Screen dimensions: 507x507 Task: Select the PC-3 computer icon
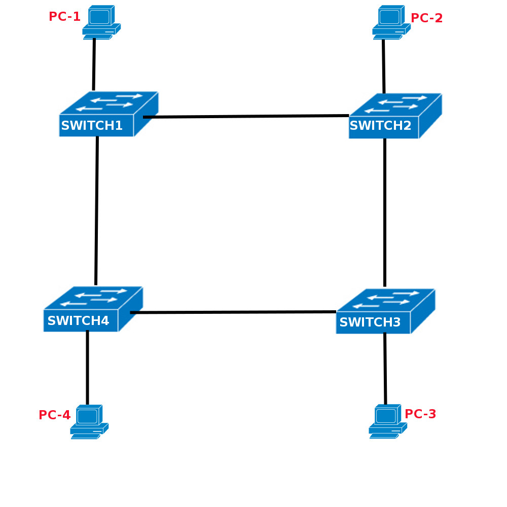[x=387, y=421]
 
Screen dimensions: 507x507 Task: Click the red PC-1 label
[x=64, y=17]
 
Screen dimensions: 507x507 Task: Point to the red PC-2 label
[x=426, y=18]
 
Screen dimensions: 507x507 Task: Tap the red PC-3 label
[x=420, y=414]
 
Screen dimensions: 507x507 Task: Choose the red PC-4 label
[x=54, y=415]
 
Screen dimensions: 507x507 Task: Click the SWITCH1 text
[x=92, y=126]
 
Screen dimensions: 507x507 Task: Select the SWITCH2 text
[x=380, y=126]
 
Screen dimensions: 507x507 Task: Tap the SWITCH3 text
[x=370, y=322]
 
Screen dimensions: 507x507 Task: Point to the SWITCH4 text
[x=78, y=321]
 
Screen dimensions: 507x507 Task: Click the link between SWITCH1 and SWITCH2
[x=246, y=116]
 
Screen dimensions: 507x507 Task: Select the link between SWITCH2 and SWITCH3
[x=385, y=213]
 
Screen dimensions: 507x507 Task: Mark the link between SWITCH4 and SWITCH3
[x=233, y=312]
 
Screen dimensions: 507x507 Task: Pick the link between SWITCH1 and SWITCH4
[x=96, y=210]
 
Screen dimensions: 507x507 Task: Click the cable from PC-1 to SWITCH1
[x=94, y=64]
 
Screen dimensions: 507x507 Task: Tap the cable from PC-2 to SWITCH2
[x=383, y=66]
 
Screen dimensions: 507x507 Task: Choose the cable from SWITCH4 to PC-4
[x=87, y=368]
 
